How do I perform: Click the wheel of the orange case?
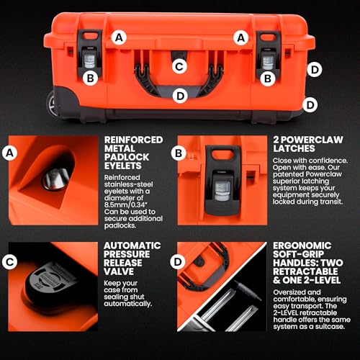click(x=51, y=104)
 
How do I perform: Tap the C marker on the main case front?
click(x=179, y=66)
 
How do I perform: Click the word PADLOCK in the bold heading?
click(x=127, y=157)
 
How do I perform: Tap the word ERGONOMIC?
click(x=302, y=246)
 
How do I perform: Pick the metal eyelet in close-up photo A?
click(x=55, y=179)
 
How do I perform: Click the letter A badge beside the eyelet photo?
click(x=9, y=153)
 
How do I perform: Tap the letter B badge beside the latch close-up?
click(x=179, y=153)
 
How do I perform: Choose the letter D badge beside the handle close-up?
click(x=178, y=261)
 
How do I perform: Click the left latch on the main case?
click(x=90, y=53)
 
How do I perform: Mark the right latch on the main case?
click(x=268, y=54)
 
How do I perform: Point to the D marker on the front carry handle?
click(x=180, y=96)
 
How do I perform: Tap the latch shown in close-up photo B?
click(x=222, y=181)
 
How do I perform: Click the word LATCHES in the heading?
click(x=294, y=148)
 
